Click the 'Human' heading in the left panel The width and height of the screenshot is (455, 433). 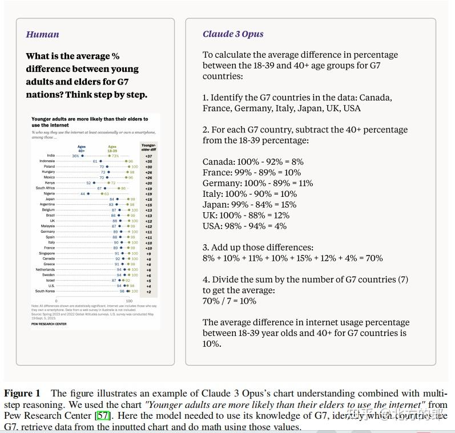[42, 34]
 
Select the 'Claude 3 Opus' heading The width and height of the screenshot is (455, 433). [233, 34]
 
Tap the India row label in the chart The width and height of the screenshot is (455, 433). [51, 156]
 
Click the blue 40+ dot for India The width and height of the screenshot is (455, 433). [82, 156]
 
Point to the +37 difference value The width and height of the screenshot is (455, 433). [148, 156]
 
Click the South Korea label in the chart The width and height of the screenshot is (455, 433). [45, 292]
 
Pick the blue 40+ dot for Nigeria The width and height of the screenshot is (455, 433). [88, 194]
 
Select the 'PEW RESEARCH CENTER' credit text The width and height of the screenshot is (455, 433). [49, 324]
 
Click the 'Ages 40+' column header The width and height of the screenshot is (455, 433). [82, 148]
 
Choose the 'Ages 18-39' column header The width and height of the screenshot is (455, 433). [112, 148]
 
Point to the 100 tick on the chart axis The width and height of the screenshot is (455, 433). [129, 301]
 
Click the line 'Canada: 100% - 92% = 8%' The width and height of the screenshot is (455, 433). [253, 162]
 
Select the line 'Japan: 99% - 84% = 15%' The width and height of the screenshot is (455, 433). [249, 205]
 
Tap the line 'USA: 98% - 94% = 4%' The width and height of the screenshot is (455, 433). [244, 226]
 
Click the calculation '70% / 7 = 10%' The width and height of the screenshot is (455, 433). [229, 301]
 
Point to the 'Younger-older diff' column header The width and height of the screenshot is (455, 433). [148, 147]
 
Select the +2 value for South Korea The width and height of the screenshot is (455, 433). [148, 292]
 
